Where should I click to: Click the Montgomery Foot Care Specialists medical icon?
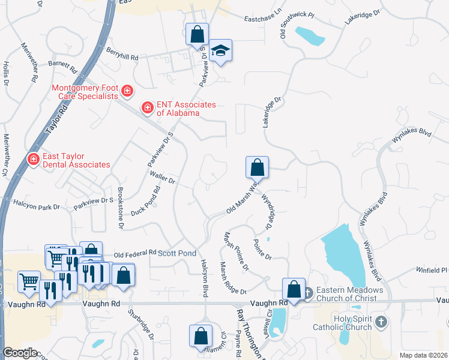127,91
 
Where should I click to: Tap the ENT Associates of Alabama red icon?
146,108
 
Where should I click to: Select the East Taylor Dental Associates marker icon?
33,159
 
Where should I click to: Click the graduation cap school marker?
220,51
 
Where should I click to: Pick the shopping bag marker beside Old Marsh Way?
257,167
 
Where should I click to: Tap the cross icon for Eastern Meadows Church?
307,293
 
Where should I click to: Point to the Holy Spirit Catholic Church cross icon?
379,323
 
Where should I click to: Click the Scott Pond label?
176,253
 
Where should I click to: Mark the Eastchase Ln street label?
262,19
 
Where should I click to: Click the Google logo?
20,353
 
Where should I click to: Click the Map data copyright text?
424,355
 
